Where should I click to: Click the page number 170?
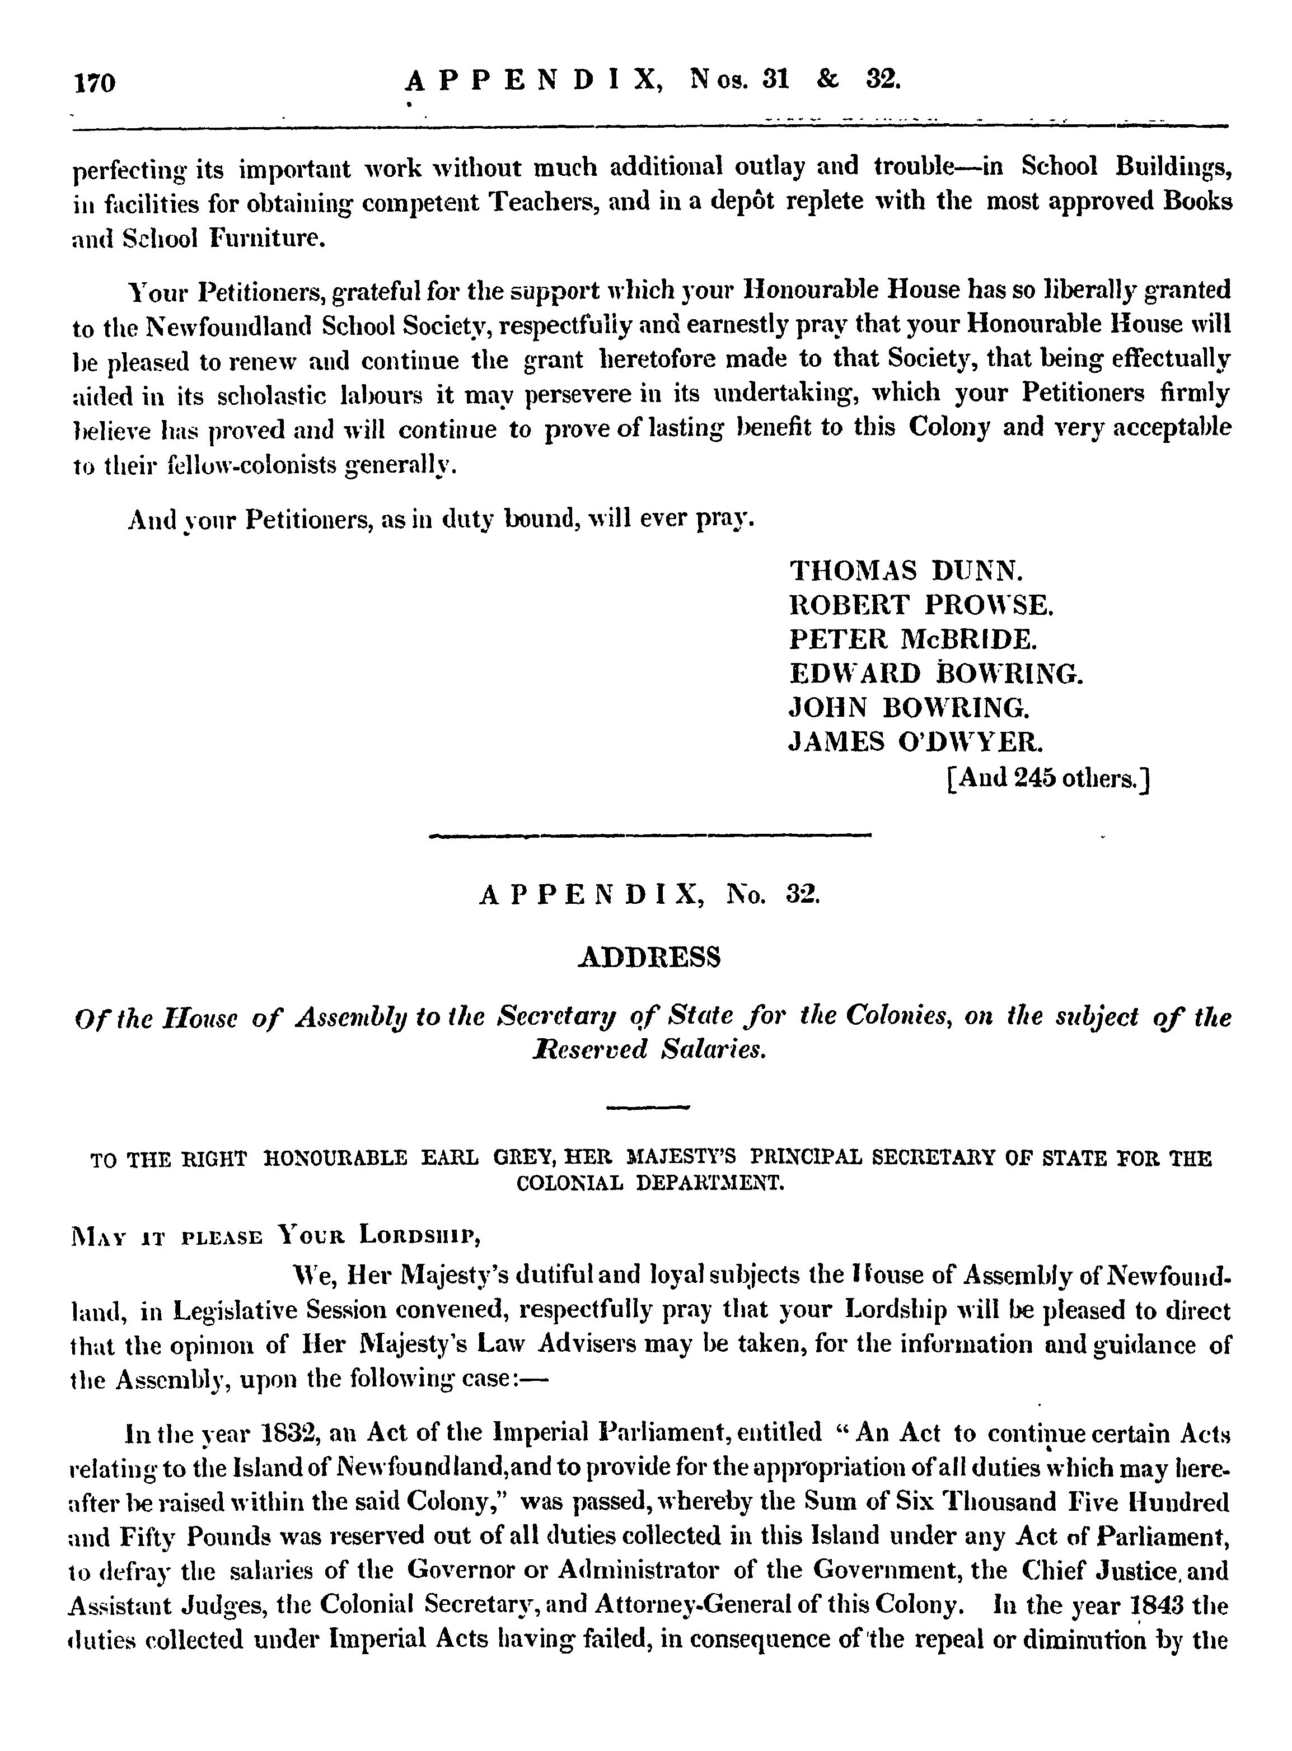pos(95,82)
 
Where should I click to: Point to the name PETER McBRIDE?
pos(912,639)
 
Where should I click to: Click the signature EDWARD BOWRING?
pos(935,674)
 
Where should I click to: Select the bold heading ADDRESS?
pos(648,958)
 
